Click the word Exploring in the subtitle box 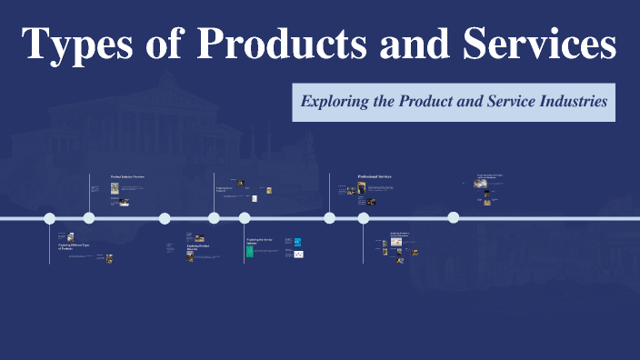(x=336, y=101)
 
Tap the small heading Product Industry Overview (x=127, y=177)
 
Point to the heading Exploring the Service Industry (x=259, y=242)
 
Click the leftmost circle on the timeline (x=50, y=218)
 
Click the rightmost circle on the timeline (x=453, y=217)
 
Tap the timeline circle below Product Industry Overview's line (x=89, y=218)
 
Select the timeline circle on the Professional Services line (x=330, y=218)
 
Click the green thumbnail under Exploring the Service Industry (x=250, y=252)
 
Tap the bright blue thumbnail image (x=298, y=242)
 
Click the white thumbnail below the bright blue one (x=298, y=254)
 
